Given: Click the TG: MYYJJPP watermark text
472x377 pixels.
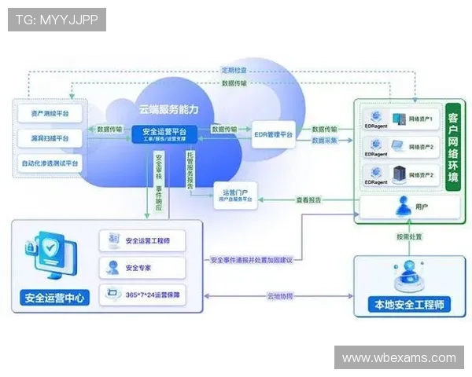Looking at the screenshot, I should pos(57,19).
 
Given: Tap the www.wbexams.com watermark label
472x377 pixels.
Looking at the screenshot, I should pos(399,357).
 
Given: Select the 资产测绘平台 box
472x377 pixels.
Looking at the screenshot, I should pos(49,113).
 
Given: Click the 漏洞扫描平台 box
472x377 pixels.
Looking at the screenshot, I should pos(49,138).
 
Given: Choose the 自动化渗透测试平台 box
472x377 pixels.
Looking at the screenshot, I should pos(49,163).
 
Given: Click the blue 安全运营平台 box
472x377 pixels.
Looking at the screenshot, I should pos(164,134).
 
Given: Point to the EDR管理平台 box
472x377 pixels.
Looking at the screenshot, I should pos(273,135).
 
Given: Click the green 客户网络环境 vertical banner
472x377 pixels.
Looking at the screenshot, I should pos(452,146).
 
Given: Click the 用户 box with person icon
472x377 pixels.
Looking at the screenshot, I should pos(409,207).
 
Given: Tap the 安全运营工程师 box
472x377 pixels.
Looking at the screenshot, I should pos(143,240).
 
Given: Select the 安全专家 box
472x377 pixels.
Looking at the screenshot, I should pos(143,267).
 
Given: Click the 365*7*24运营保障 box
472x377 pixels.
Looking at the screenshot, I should pos(143,295).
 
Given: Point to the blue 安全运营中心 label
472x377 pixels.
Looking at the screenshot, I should pos(56,298).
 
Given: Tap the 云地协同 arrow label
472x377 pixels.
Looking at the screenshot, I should pos(279,296).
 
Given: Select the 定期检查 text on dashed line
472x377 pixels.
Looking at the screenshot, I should pos(234,70).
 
